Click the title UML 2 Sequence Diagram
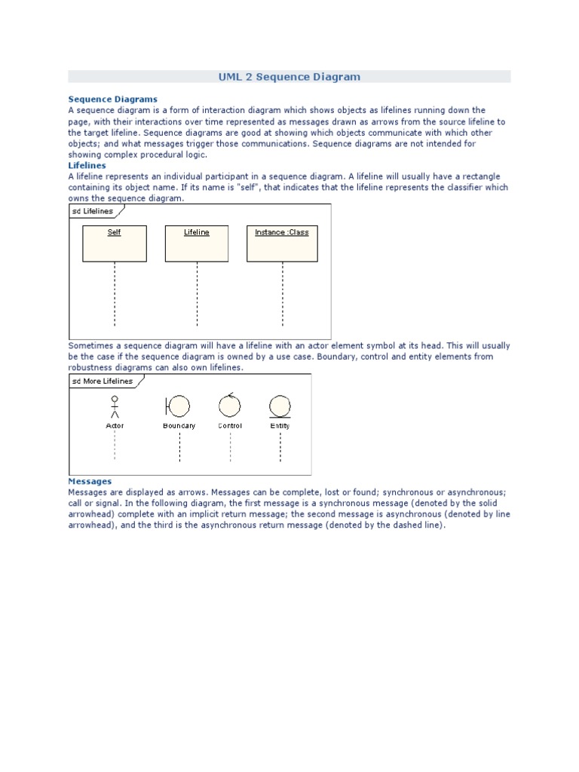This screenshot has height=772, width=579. (x=289, y=77)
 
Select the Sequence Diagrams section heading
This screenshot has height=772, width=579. (x=112, y=99)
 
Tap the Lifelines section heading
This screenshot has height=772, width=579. (x=87, y=165)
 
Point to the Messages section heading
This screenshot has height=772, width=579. (x=90, y=481)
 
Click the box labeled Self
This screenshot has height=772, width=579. (x=115, y=243)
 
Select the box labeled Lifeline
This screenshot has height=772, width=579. (x=197, y=243)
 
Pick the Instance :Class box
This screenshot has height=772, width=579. (x=282, y=243)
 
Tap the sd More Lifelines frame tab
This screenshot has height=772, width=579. (x=102, y=381)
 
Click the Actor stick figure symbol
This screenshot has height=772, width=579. (x=115, y=407)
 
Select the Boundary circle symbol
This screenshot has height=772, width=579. (x=178, y=407)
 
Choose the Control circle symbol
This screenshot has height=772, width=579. (x=229, y=406)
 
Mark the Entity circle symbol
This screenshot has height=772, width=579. (x=280, y=407)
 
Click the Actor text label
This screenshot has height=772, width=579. (x=115, y=426)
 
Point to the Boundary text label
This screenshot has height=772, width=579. (x=179, y=426)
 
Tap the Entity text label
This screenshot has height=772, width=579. (x=280, y=426)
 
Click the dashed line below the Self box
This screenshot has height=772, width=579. (x=115, y=294)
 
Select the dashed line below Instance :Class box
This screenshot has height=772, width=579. (x=282, y=294)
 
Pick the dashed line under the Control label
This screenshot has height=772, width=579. (x=230, y=446)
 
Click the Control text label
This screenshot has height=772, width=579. (x=230, y=426)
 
